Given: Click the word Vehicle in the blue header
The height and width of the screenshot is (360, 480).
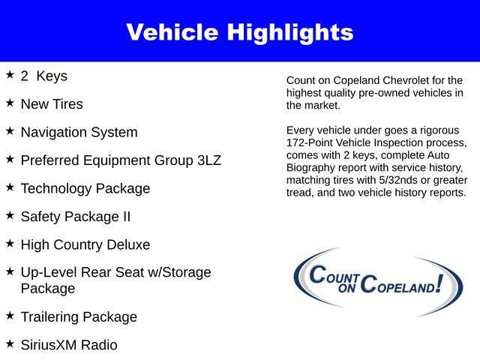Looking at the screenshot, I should tap(172, 32).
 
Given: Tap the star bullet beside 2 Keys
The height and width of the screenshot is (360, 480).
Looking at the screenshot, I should tap(10, 75).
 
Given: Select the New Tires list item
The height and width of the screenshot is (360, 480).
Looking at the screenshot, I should tap(52, 104).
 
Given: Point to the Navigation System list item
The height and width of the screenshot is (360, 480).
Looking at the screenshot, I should tap(79, 133).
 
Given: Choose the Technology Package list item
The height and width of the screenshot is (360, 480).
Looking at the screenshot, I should tap(85, 189).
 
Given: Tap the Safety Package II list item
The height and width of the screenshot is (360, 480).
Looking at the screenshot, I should tap(75, 217).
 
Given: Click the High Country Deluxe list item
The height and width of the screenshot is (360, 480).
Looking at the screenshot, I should tap(85, 245).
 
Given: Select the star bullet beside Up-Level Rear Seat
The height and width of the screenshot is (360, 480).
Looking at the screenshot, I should tap(10, 271).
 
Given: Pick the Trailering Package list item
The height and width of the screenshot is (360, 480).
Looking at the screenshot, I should tap(79, 317).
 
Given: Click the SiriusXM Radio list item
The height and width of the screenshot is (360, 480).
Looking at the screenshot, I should tap(68, 345).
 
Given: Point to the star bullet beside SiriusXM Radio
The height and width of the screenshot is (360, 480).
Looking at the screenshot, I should tap(10, 343).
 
